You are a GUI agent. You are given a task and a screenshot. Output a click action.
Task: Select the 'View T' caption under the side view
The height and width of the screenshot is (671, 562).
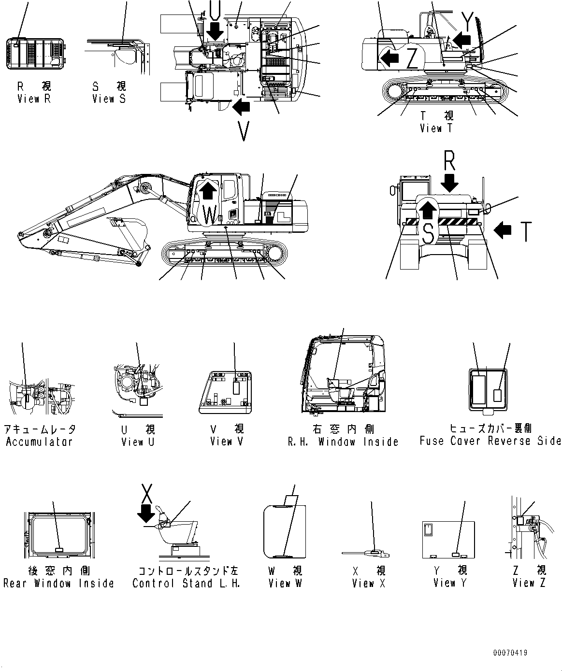tap(437, 128)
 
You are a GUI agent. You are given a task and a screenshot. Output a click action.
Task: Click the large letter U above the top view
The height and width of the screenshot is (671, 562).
tap(216, 8)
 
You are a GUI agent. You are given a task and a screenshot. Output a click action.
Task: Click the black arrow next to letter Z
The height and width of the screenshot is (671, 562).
tap(389, 57)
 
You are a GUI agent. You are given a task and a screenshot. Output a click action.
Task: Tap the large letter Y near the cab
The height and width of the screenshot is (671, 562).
tap(467, 20)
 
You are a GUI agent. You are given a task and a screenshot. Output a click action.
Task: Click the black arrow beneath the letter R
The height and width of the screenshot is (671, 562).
tap(450, 183)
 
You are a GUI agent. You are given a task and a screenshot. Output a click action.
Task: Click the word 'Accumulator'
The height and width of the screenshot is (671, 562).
tap(39, 442)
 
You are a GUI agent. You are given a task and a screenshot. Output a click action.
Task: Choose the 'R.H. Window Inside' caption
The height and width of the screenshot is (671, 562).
tap(343, 442)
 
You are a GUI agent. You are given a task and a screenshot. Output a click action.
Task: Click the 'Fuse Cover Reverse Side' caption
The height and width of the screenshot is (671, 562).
tap(490, 441)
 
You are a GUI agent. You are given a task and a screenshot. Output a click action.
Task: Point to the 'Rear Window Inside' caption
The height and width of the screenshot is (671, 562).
tap(58, 584)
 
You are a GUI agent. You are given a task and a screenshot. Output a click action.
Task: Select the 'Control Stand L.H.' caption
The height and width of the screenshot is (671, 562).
tap(186, 584)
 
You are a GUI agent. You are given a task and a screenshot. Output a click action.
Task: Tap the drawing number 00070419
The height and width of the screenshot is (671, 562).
tap(510, 653)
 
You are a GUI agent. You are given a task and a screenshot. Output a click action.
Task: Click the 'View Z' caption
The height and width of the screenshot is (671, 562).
tap(529, 583)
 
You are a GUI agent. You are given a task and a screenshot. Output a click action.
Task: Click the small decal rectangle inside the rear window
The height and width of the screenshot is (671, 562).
tap(58, 550)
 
